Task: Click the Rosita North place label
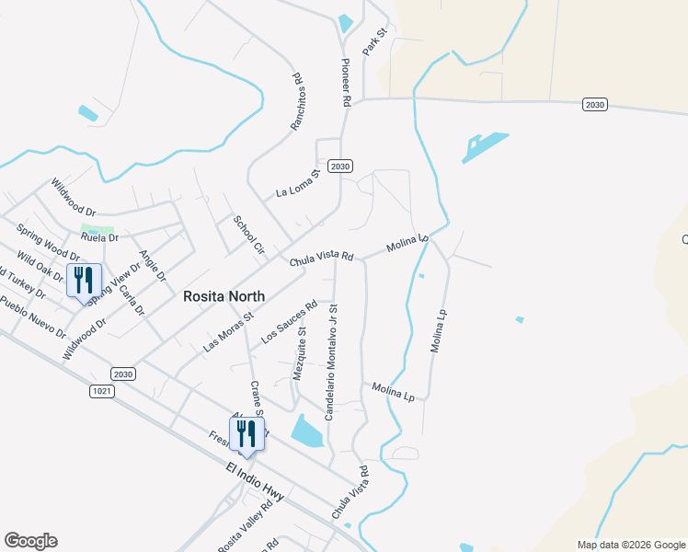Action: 224,296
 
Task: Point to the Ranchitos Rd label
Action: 297,100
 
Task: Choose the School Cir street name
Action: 248,235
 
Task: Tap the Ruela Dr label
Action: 100,237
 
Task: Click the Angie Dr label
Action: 152,265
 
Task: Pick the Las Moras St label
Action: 227,332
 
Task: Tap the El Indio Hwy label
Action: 255,482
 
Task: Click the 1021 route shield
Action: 102,391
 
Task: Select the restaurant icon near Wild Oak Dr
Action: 84,281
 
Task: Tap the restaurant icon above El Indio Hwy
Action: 247,434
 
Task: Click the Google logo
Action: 30,541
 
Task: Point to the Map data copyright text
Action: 630,545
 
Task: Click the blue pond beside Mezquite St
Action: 307,430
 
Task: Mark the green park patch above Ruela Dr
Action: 97,228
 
